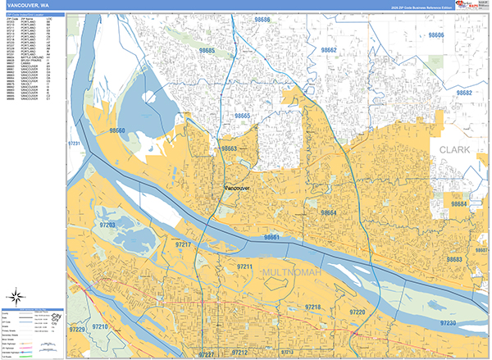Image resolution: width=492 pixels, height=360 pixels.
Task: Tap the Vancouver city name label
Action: tap(235, 188)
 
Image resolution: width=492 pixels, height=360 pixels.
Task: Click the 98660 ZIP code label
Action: tap(116, 130)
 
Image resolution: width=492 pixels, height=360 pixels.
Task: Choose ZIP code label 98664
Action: tap(328, 212)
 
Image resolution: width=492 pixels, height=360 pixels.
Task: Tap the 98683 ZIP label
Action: tap(454, 259)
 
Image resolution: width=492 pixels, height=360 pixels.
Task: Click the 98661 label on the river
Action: tap(271, 237)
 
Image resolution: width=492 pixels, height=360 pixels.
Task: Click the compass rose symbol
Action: tap(16, 297)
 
